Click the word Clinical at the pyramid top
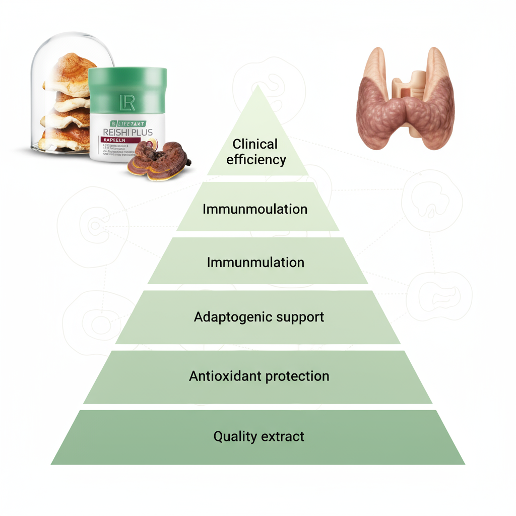[x=255, y=144]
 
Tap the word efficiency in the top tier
[x=256, y=160]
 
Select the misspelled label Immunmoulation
[x=255, y=209]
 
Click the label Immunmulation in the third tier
[x=255, y=263]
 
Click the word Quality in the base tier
[x=235, y=436]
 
